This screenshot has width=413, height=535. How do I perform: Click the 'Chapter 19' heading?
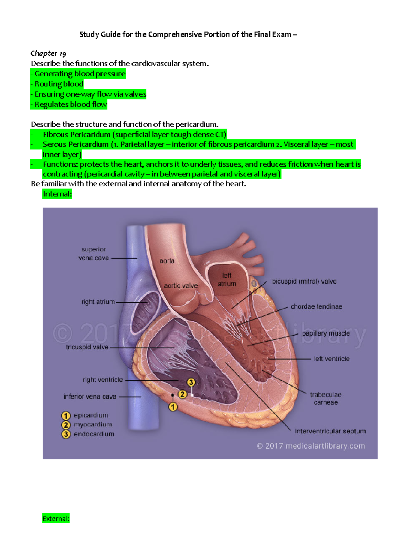(x=48, y=53)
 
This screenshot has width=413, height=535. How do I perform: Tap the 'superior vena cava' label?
(x=94, y=254)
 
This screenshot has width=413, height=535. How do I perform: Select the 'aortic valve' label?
(x=181, y=286)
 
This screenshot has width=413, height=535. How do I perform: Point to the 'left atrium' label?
(x=227, y=279)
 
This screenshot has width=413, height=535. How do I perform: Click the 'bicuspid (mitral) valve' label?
(x=304, y=281)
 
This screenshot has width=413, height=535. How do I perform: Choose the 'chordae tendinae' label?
(x=316, y=307)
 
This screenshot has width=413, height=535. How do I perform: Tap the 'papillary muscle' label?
(x=326, y=333)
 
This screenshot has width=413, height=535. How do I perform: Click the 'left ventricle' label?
(x=331, y=359)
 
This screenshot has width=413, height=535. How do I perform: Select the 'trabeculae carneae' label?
(x=326, y=399)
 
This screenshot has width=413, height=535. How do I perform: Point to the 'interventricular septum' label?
(x=330, y=431)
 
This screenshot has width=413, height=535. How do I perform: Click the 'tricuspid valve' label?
(x=87, y=347)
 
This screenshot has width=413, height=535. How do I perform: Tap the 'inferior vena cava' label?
(x=90, y=397)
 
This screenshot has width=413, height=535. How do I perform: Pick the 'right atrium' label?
(x=98, y=302)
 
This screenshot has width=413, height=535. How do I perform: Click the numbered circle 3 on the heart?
(x=191, y=382)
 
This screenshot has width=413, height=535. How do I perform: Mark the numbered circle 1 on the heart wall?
(x=173, y=407)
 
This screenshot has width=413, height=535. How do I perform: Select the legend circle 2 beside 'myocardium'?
(x=66, y=425)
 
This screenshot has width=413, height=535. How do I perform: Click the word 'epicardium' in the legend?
(x=91, y=415)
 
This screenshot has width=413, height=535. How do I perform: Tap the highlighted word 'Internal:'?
(x=57, y=194)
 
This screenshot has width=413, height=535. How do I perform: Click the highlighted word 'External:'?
(x=56, y=518)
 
